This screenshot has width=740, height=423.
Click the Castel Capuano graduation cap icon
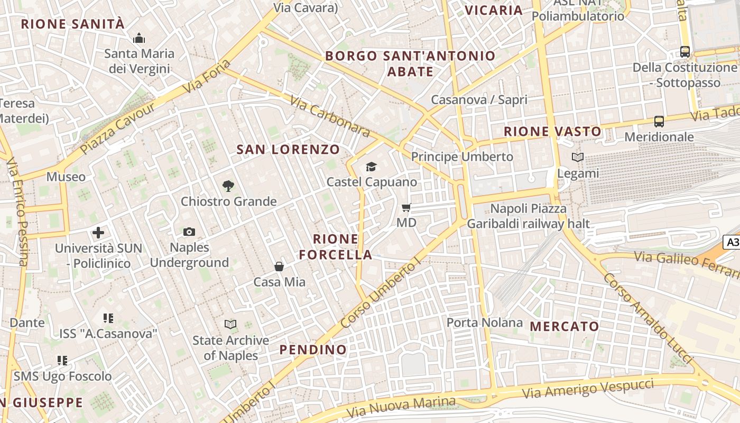pyautogui.click(x=372, y=167)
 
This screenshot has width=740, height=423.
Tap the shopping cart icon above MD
pyautogui.click(x=406, y=207)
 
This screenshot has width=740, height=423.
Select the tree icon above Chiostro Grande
pyautogui.click(x=228, y=186)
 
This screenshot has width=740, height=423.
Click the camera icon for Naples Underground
pyautogui.click(x=189, y=232)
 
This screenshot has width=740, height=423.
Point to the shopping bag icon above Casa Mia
pyautogui.click(x=279, y=266)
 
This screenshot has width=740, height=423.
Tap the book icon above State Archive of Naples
pyautogui.click(x=230, y=324)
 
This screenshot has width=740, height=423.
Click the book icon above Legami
pyautogui.click(x=578, y=157)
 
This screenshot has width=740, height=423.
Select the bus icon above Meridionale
pyautogui.click(x=659, y=121)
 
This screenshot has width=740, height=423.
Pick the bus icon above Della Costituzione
pyautogui.click(x=685, y=52)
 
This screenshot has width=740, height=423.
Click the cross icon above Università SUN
pyautogui.click(x=98, y=233)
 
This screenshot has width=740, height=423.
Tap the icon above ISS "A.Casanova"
pyautogui.click(x=108, y=318)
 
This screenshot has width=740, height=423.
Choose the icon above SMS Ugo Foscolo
pyautogui.click(x=62, y=361)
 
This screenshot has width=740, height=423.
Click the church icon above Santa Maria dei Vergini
pyautogui.click(x=139, y=38)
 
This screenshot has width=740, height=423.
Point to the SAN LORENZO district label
pyautogui.click(x=288, y=150)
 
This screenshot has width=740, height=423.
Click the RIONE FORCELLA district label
pyautogui.click(x=336, y=247)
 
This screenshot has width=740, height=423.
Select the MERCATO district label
pyautogui.click(x=565, y=326)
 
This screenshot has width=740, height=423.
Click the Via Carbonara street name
pyautogui.click(x=330, y=116)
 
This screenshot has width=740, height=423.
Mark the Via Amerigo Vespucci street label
pyautogui.click(x=588, y=390)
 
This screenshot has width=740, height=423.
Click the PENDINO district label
pyautogui.click(x=313, y=350)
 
